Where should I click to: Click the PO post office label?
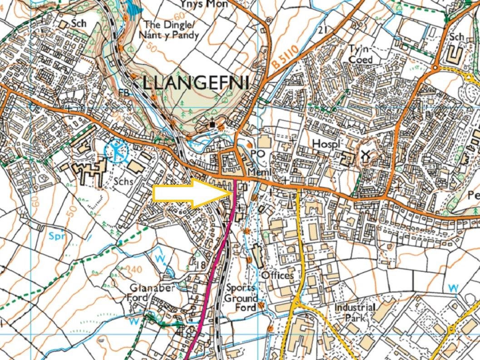pyautogui.click(x=257, y=154)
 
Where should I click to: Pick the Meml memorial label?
pyautogui.click(x=256, y=173)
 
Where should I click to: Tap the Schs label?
pyautogui.click(x=124, y=182)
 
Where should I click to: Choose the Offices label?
pyautogui.click(x=277, y=275)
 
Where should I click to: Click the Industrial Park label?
pyautogui.click(x=355, y=312)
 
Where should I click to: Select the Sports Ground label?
pyautogui.click(x=242, y=293)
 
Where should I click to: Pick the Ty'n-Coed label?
pyautogui.click(x=361, y=54)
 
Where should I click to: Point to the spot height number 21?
pyautogui.click(x=323, y=30)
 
